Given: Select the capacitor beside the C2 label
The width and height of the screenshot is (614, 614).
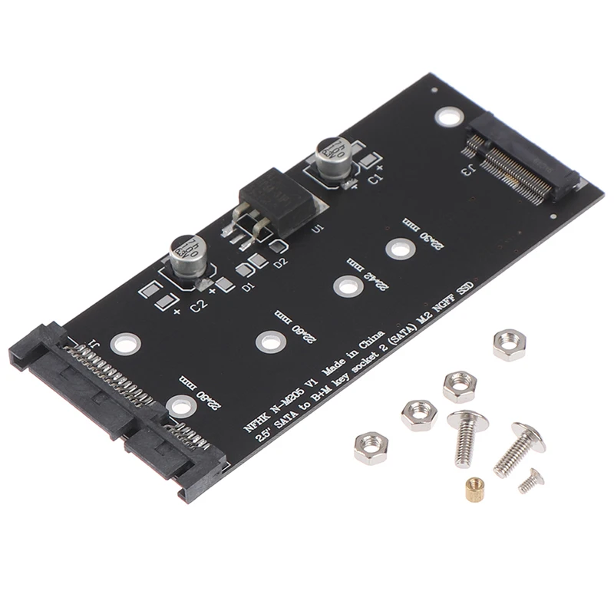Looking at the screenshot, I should tap(187, 254).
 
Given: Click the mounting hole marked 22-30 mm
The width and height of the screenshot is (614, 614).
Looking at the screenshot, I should tap(397, 249).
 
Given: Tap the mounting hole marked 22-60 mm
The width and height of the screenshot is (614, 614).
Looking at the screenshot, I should tap(267, 340).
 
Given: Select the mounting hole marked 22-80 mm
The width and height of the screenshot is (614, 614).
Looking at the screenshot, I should tap(178, 404).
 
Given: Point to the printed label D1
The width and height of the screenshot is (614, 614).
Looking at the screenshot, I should tap(247, 288).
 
